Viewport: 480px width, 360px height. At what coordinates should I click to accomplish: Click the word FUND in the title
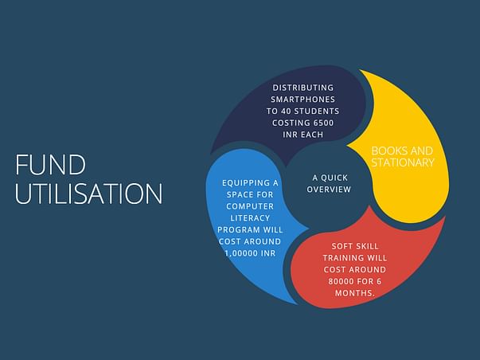tap(50, 165)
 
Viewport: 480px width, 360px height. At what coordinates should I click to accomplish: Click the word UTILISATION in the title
tap(89, 194)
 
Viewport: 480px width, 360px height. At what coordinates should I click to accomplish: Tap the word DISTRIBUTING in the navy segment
tap(303, 88)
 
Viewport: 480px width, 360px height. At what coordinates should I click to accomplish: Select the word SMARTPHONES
tap(303, 100)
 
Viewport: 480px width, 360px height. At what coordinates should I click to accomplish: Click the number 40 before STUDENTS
tap(287, 112)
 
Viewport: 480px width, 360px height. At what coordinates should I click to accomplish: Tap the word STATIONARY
tap(403, 162)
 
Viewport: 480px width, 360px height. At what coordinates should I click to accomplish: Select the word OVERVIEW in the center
tap(329, 190)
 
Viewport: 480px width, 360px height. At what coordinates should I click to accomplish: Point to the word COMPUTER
tap(250, 206)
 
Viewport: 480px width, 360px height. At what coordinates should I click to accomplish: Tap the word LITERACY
tap(250, 218)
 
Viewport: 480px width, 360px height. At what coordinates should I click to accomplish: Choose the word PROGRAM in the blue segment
tap(236, 230)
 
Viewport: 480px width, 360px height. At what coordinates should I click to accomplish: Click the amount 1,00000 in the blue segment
tap(241, 253)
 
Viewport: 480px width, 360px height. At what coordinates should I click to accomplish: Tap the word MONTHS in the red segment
tap(353, 293)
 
